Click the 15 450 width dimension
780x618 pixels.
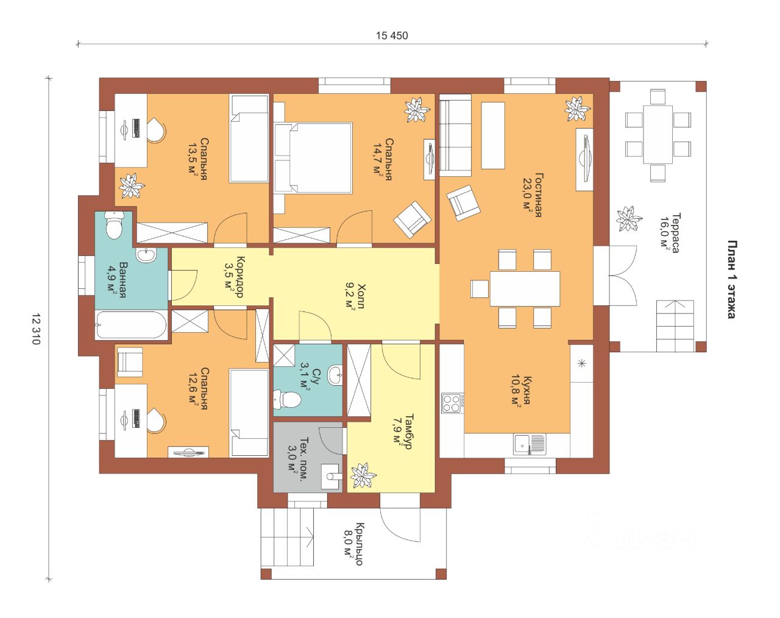392,35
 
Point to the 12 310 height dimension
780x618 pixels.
36,329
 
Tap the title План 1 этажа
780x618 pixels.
732,280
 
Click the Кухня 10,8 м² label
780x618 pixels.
521,392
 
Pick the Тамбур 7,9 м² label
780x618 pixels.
402,432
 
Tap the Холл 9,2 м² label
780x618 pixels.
355,296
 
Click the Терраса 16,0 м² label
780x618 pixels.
669,233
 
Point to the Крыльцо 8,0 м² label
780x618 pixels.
353,544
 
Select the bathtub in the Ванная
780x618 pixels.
131,325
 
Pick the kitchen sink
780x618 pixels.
529,444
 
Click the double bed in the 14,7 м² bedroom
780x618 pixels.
313,158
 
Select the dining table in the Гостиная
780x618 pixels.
525,288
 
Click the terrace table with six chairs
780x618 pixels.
658,135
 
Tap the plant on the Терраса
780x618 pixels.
629,219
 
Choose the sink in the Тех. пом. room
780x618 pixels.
331,476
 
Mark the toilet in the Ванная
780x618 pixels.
114,225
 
